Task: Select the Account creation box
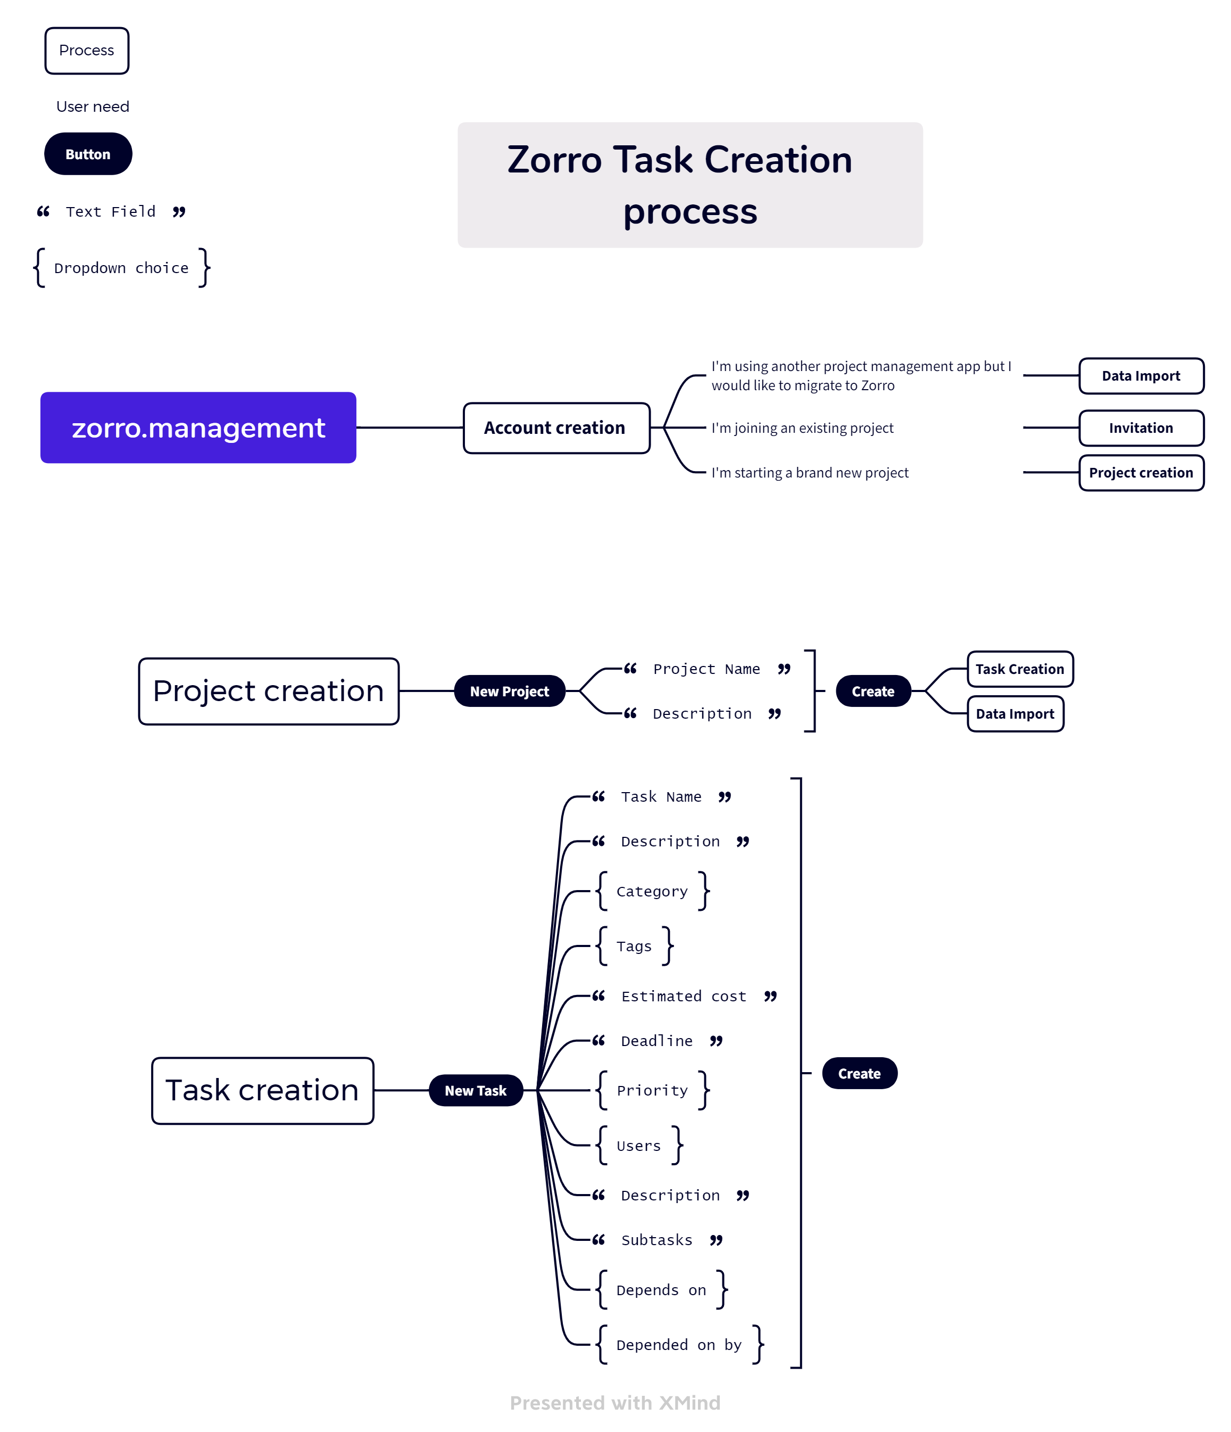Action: pyautogui.click(x=555, y=428)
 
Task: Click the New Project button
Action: pyautogui.click(x=509, y=691)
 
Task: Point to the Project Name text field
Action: pyautogui.click(x=706, y=669)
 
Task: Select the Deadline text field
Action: pyautogui.click(x=656, y=1041)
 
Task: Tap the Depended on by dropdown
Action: pyautogui.click(x=678, y=1344)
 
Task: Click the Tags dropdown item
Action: pyautogui.click(x=634, y=946)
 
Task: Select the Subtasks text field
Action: pyautogui.click(x=656, y=1240)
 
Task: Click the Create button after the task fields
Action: pyautogui.click(x=859, y=1073)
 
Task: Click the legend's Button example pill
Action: pyautogui.click(x=88, y=154)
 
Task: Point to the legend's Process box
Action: pyautogui.click(x=86, y=51)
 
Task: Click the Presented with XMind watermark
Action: pyautogui.click(x=615, y=1402)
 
